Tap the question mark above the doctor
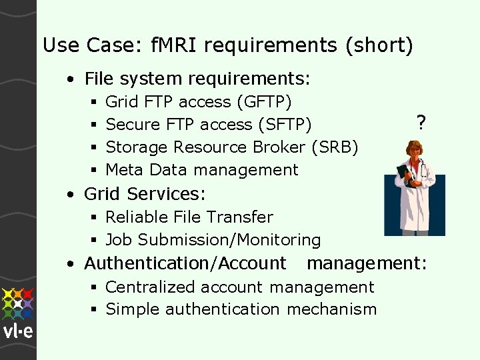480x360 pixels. point(420,122)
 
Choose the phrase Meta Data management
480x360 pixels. point(201,169)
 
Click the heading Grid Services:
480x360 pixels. point(145,194)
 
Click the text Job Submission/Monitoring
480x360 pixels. point(213,239)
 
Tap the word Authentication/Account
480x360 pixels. point(185,263)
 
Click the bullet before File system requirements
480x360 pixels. point(70,79)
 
